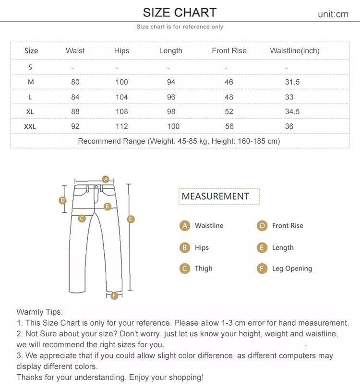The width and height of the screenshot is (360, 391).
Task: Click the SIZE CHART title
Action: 180,12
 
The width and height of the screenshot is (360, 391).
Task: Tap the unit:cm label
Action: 333,14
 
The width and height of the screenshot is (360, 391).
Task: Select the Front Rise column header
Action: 229,50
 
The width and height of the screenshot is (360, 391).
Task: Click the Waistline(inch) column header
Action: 294,50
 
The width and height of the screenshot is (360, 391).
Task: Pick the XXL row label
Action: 30,126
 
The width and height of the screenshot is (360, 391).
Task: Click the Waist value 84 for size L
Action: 75,97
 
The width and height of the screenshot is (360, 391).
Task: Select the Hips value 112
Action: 121,126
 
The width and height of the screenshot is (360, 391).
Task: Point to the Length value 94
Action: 171,82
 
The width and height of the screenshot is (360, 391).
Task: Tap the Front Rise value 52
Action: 229,111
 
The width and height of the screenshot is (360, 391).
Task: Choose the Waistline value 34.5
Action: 292,111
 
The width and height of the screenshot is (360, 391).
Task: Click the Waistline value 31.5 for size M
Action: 292,82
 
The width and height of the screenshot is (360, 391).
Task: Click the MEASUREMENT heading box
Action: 219,196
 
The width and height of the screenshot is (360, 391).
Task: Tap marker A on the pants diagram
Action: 106,179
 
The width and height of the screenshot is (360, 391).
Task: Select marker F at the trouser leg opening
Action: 114,295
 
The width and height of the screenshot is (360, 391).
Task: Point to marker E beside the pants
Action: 131,219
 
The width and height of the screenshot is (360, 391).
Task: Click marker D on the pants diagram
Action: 62,200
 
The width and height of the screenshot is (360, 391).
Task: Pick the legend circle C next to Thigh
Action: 185,269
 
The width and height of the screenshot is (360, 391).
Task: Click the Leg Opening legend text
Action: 292,269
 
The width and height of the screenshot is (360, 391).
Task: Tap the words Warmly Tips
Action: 39,312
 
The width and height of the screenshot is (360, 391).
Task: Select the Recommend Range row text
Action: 179,141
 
